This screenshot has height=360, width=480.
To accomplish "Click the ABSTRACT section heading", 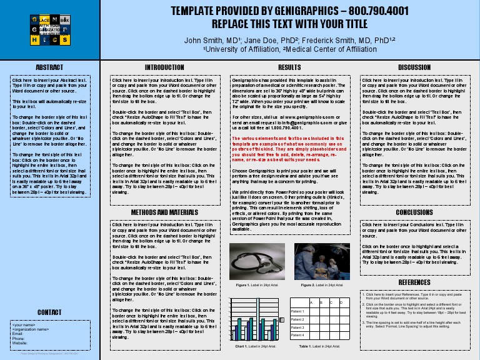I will pyautogui.click(x=49, y=67).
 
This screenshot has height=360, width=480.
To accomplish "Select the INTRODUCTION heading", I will pyautogui.click(x=164, y=67).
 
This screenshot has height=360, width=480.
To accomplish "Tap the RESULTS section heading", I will pyautogui.click(x=289, y=67).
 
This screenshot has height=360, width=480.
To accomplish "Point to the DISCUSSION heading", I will pyautogui.click(x=414, y=67).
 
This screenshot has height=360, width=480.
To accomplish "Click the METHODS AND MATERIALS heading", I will pyautogui.click(x=164, y=212).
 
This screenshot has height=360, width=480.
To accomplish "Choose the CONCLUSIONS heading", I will pyautogui.click(x=414, y=212).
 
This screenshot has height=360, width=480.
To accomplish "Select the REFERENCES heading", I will pyautogui.click(x=414, y=282).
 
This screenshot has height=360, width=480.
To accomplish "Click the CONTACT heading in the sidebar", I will pyautogui.click(x=49, y=312).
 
